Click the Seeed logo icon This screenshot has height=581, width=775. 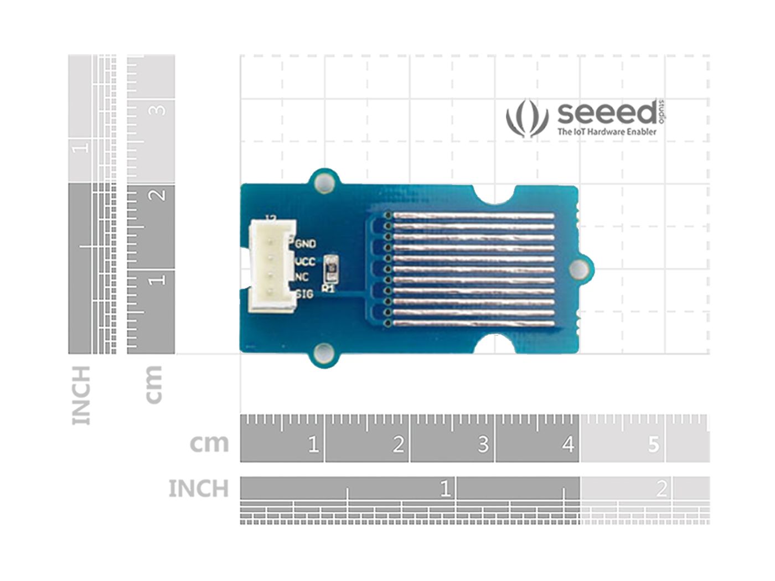526,118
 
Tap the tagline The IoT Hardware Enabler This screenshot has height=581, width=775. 607,132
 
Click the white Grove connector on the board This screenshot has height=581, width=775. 272,266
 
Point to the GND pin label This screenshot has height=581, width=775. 306,243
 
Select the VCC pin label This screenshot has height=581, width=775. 306,261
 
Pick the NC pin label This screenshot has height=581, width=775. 302,277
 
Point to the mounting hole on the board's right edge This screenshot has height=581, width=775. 579,269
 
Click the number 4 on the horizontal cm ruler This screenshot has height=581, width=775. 568,444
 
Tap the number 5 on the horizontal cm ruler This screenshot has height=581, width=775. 653,444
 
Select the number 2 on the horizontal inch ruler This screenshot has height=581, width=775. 661,489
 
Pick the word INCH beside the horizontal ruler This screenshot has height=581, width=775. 198,489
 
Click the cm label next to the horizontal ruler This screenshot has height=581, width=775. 209,444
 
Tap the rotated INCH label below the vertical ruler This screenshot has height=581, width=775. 81,395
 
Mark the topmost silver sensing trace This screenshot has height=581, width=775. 473,215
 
